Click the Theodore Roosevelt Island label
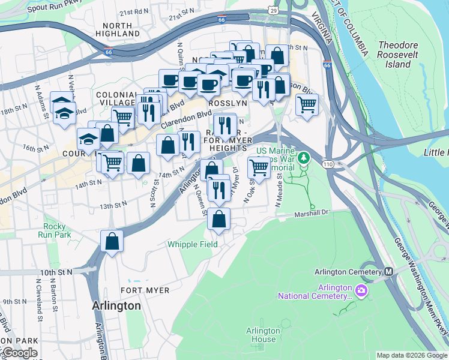(402, 55)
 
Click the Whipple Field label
(192, 244)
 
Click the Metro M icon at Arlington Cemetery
(388, 272)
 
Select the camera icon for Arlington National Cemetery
(361, 291)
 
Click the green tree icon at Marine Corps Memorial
(304, 158)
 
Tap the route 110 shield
(330, 164)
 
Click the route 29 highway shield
(274, 11)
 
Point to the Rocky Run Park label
(58, 231)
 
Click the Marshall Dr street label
(312, 213)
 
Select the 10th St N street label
(56, 272)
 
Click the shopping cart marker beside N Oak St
(259, 167)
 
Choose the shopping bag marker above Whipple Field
(219, 219)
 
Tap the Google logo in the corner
(19, 353)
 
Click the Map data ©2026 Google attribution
(411, 355)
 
